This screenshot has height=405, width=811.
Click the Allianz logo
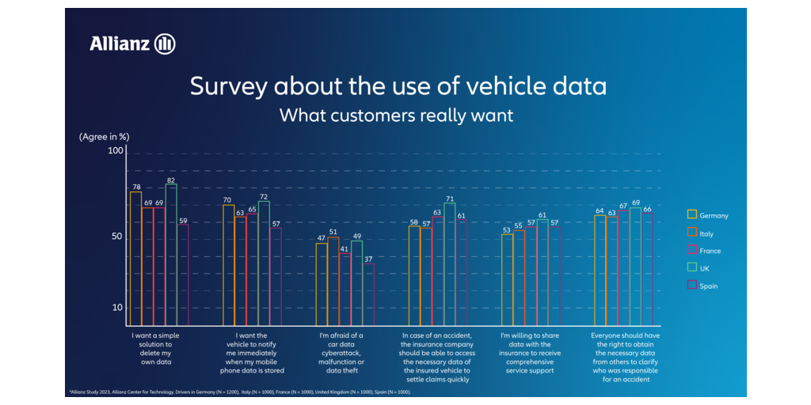(132, 44)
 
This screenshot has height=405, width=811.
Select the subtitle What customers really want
(396, 115)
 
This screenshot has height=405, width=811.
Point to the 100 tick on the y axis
(116, 151)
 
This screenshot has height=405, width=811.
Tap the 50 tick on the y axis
(116, 237)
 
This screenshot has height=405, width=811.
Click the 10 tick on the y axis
(116, 307)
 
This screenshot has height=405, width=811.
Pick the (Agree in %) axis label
(104, 136)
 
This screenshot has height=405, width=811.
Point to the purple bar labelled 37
(368, 294)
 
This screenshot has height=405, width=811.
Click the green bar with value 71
(449, 264)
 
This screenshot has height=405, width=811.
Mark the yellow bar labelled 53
(507, 280)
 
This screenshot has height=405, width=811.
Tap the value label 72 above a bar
(264, 196)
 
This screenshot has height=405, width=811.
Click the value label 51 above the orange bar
(333, 232)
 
